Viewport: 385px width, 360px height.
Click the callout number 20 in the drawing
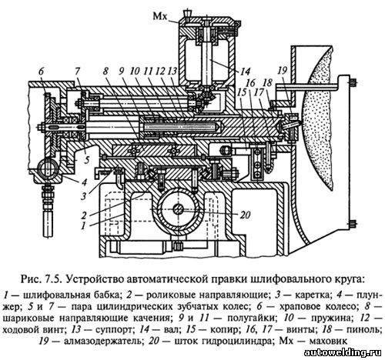coord(244,215)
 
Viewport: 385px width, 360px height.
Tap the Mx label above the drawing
coord(160,17)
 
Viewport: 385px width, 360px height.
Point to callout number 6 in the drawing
coord(42,72)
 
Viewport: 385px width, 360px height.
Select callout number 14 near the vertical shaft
coord(245,72)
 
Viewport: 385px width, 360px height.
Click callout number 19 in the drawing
coord(282,71)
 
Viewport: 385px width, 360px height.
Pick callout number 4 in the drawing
coord(84,182)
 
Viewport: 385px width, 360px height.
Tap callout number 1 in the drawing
coord(83,226)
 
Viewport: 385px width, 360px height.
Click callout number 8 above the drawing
coord(106,72)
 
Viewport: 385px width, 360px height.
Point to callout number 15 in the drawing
coord(242,92)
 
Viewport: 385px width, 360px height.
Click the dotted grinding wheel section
coord(320,118)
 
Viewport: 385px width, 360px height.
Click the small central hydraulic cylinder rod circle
coord(177,210)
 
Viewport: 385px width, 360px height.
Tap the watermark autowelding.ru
coord(343,353)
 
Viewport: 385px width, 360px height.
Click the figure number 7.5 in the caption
coord(52,278)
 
